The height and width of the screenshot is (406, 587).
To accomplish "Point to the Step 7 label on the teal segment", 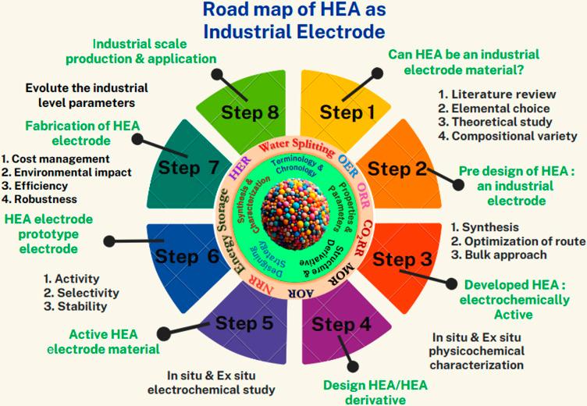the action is [x=189, y=167].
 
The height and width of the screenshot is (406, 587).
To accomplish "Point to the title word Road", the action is [x=226, y=11].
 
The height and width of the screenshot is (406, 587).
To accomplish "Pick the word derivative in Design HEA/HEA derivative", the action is [x=365, y=400].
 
